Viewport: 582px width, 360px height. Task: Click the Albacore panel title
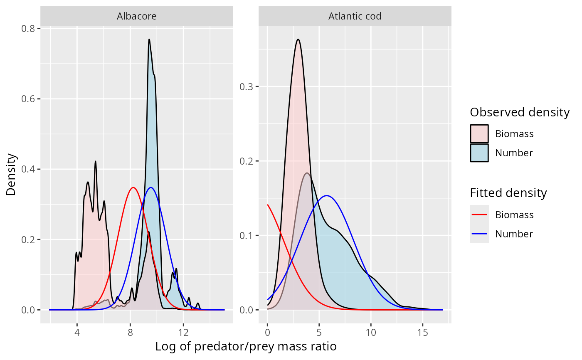[137, 16]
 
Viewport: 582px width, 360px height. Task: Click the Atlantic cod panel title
[355, 16]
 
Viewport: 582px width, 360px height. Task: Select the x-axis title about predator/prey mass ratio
[246, 346]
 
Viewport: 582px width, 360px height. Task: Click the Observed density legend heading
[519, 112]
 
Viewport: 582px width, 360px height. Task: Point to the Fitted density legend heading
[508, 193]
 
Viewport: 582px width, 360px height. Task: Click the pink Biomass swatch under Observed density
[479, 134]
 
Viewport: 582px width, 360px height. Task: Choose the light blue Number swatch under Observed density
[479, 153]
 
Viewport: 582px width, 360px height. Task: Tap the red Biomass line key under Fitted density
[479, 215]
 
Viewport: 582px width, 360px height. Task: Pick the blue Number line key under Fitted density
[479, 234]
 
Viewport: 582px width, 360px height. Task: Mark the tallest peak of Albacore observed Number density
[149, 39]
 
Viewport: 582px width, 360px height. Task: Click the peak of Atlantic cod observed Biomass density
[298, 39]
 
